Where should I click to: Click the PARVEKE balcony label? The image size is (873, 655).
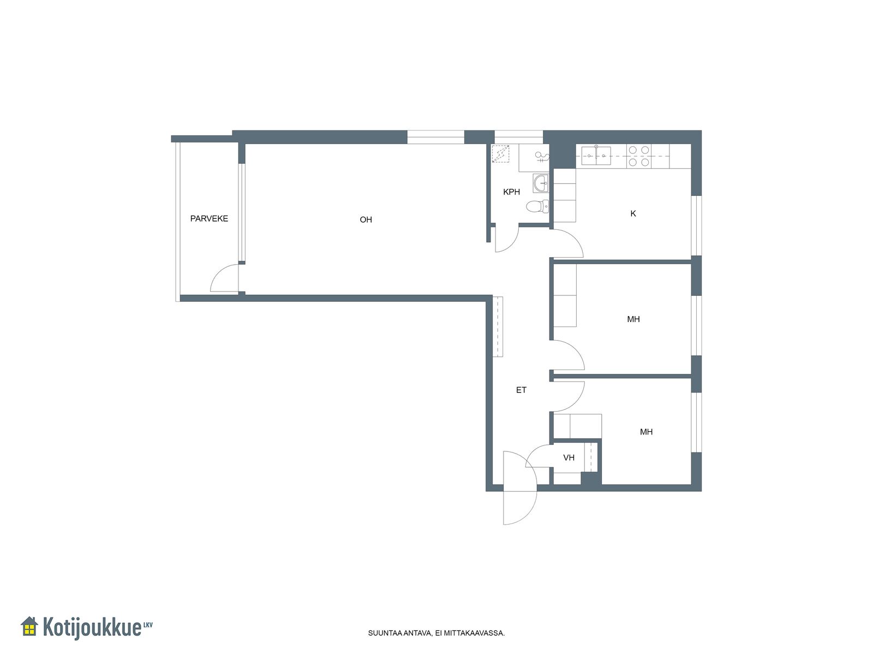point(209,218)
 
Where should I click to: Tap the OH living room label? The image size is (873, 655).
point(366,219)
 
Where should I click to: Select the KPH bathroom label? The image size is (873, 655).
point(511,192)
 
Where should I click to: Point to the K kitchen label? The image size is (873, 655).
point(633,213)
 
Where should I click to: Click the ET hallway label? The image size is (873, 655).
point(521,390)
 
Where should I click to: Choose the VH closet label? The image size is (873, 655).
point(569,457)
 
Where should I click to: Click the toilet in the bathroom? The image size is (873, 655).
point(537,206)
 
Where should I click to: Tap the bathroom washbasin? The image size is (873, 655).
point(541,183)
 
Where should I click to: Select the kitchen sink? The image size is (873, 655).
point(596,156)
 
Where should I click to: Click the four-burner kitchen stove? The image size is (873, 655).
point(639,156)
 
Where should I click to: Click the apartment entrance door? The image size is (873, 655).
point(520,488)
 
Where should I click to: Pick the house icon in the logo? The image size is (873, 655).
point(29,626)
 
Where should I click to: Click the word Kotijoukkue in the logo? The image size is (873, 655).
point(92,627)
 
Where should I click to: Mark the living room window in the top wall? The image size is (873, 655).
point(435,137)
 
